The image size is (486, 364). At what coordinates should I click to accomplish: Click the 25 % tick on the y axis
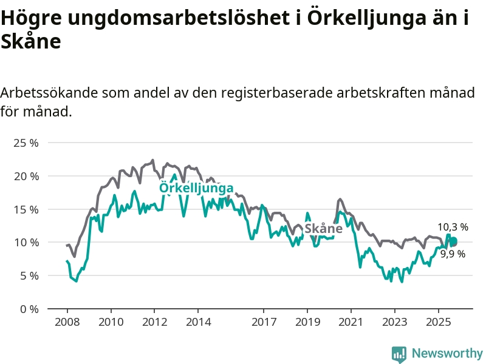point(26,143)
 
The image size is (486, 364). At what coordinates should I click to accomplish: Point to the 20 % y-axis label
point(26,176)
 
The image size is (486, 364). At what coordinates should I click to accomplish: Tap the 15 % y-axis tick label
point(26,209)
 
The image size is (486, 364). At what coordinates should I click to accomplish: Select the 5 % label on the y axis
point(29,275)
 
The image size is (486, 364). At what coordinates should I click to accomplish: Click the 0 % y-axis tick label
point(29,309)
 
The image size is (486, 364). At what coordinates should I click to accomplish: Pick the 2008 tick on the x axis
point(67,321)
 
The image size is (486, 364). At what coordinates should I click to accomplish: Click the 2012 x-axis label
point(154,321)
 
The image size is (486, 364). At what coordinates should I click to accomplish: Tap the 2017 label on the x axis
point(264,321)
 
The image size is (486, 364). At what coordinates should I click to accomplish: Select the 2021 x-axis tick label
point(351,321)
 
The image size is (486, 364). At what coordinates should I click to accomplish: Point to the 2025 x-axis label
point(439,321)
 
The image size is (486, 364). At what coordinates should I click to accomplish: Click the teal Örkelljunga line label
point(196,188)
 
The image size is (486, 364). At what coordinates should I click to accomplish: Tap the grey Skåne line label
point(323,229)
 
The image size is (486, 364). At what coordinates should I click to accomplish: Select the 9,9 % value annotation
point(453,254)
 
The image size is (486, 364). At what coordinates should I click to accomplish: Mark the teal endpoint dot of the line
point(453,241)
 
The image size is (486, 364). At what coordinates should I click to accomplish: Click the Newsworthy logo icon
point(399,354)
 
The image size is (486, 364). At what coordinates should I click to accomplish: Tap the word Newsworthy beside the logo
point(447,354)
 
